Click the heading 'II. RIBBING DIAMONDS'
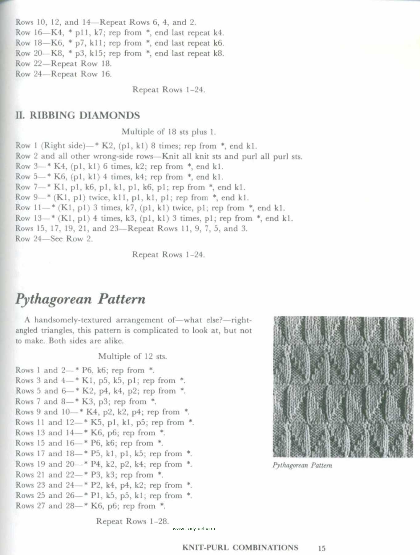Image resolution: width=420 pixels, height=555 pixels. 78,115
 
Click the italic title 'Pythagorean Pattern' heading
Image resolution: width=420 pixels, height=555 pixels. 80,299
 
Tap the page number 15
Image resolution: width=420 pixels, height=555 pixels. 321,548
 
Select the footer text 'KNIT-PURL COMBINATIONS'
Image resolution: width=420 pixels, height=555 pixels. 240,548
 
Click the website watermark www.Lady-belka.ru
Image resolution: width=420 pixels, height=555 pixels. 194,528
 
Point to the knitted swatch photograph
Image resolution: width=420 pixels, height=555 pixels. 343,387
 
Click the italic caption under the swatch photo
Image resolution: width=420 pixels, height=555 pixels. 302,465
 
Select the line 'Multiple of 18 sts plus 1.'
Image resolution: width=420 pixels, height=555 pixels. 168,132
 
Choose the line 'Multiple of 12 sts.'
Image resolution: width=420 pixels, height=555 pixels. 132,356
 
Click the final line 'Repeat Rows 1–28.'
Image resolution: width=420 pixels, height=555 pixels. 132,521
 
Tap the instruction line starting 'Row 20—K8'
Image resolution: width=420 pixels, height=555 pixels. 120,53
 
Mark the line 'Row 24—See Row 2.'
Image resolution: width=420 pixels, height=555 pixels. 54,239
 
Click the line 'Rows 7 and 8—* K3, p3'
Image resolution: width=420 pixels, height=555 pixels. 86,401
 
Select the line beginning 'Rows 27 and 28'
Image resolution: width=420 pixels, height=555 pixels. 91,506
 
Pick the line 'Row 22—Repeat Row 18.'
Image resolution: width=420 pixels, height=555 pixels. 64,64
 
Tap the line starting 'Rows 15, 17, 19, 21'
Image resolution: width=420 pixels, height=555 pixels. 131,228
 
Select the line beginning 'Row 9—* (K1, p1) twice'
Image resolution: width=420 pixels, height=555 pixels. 132,197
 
